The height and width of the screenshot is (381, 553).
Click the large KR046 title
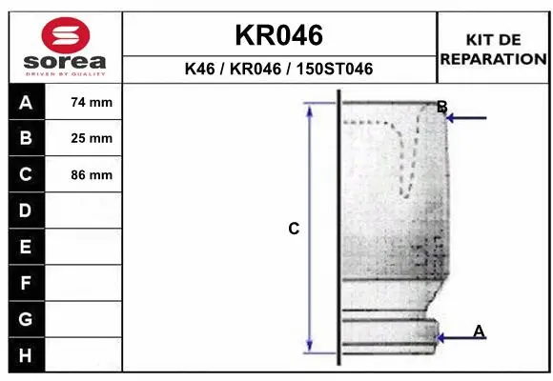point(279,35)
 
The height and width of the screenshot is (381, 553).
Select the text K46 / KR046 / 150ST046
point(279,70)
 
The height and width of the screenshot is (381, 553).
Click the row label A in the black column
point(26,103)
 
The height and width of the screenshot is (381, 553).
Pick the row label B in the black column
point(26,139)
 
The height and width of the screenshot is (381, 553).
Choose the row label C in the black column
point(26,175)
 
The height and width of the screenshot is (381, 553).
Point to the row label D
point(26,211)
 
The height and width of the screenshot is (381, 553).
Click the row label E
point(26,248)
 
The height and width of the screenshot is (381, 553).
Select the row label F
point(26,283)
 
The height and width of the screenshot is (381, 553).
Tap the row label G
point(26,319)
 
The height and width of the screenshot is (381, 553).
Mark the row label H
point(26,355)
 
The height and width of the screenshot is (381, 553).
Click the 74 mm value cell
point(92,103)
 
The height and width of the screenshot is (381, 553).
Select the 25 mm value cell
point(92,139)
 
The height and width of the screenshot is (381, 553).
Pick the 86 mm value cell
point(92,175)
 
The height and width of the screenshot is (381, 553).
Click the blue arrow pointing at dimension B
point(467,118)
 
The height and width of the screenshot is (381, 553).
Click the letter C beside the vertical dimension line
point(294,229)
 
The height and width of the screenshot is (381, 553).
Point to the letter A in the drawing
point(480,330)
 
